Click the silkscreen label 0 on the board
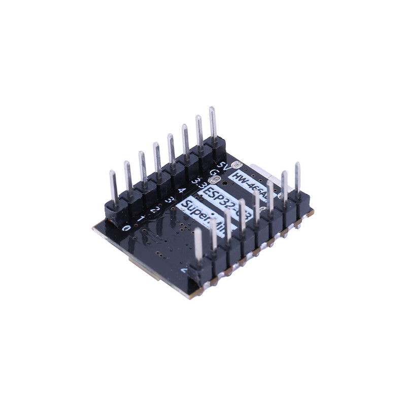tap(126, 228)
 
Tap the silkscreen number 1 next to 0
tap(141, 219)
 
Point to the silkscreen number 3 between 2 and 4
tap(168, 200)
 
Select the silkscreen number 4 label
tap(182, 191)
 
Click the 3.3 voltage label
tap(198, 182)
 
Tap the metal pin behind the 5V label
tap(213, 124)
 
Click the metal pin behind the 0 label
tap(113, 188)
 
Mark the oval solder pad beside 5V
tap(236, 165)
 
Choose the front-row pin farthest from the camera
tap(297, 178)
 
